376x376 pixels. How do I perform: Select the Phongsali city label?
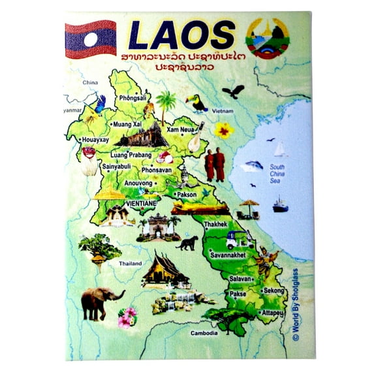[x=133, y=99]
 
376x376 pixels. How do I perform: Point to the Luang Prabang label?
[x=131, y=155]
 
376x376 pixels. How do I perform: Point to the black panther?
[x=188, y=243]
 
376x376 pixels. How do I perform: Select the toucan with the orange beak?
[x=196, y=102]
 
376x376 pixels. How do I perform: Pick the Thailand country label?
[x=131, y=264]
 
